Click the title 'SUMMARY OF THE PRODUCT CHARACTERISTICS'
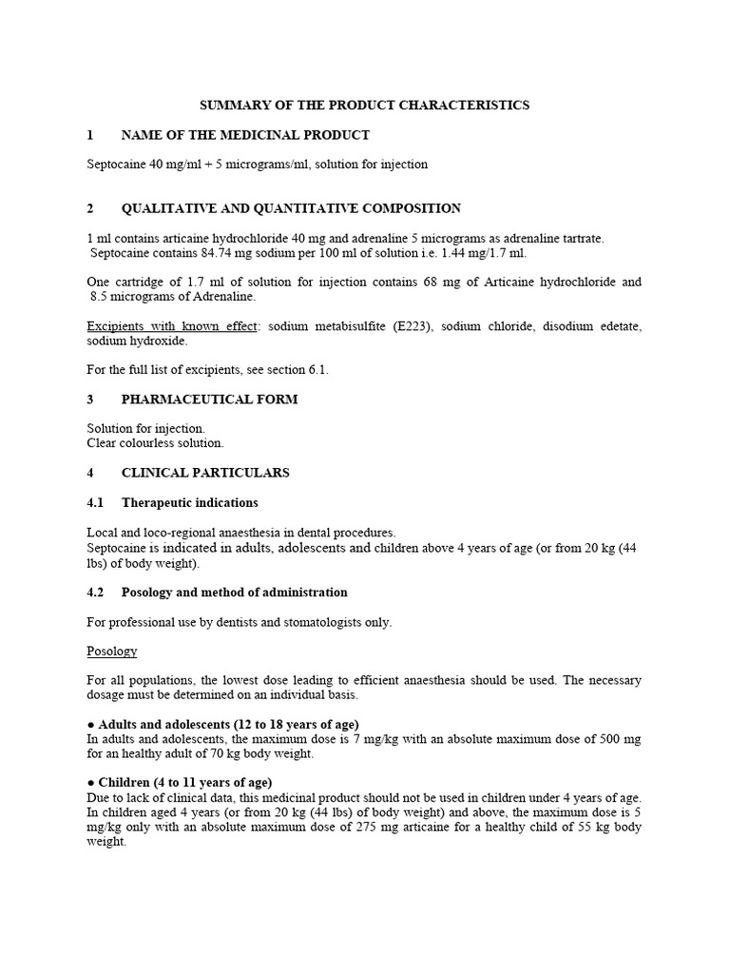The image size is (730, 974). [x=364, y=105]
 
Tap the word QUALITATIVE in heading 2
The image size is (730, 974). [x=165, y=208]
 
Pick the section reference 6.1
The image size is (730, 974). [x=320, y=369]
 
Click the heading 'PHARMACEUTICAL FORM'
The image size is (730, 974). [x=209, y=399]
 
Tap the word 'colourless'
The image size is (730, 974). [x=144, y=443]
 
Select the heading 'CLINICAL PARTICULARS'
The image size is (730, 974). [x=205, y=473]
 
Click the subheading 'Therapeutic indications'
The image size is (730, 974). [x=189, y=502]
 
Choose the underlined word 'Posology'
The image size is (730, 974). [x=112, y=652]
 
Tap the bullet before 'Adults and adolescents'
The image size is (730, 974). [x=89, y=725]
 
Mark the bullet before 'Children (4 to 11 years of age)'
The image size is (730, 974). [x=89, y=783]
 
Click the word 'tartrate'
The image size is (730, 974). [x=580, y=238]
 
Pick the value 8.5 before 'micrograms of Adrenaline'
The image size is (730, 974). [x=100, y=297]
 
